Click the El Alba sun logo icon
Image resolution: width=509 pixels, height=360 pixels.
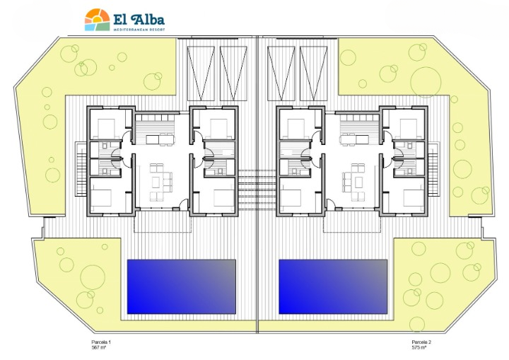tap(97, 20)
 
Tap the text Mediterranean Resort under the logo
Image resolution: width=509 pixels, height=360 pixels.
tap(139, 30)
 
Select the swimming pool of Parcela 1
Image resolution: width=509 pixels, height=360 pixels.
tap(182, 286)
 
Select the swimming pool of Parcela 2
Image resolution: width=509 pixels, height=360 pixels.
tap(333, 286)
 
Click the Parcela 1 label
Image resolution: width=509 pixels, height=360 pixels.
tap(101, 342)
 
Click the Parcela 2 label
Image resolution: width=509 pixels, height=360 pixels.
tap(421, 342)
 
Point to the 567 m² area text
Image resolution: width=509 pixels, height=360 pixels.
tap(99, 347)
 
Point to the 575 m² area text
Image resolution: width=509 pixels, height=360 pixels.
tap(419, 347)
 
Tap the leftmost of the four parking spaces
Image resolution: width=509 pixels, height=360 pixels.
tap(201, 74)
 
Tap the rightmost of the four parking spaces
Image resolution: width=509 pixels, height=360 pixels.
tap(313, 74)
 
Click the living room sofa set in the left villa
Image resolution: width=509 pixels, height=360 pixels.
tap(160, 182)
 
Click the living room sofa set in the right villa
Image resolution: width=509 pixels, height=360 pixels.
tap(353, 182)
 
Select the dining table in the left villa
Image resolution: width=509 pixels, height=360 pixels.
tap(160, 139)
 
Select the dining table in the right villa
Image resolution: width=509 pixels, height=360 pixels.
tap(354, 139)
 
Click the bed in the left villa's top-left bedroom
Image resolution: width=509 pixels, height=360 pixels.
tap(106, 129)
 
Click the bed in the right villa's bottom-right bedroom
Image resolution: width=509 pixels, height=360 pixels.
tap(414, 197)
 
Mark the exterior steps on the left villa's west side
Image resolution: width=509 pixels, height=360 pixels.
tap(81, 169)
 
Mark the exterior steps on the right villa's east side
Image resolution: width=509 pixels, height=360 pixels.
tap(433, 169)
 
